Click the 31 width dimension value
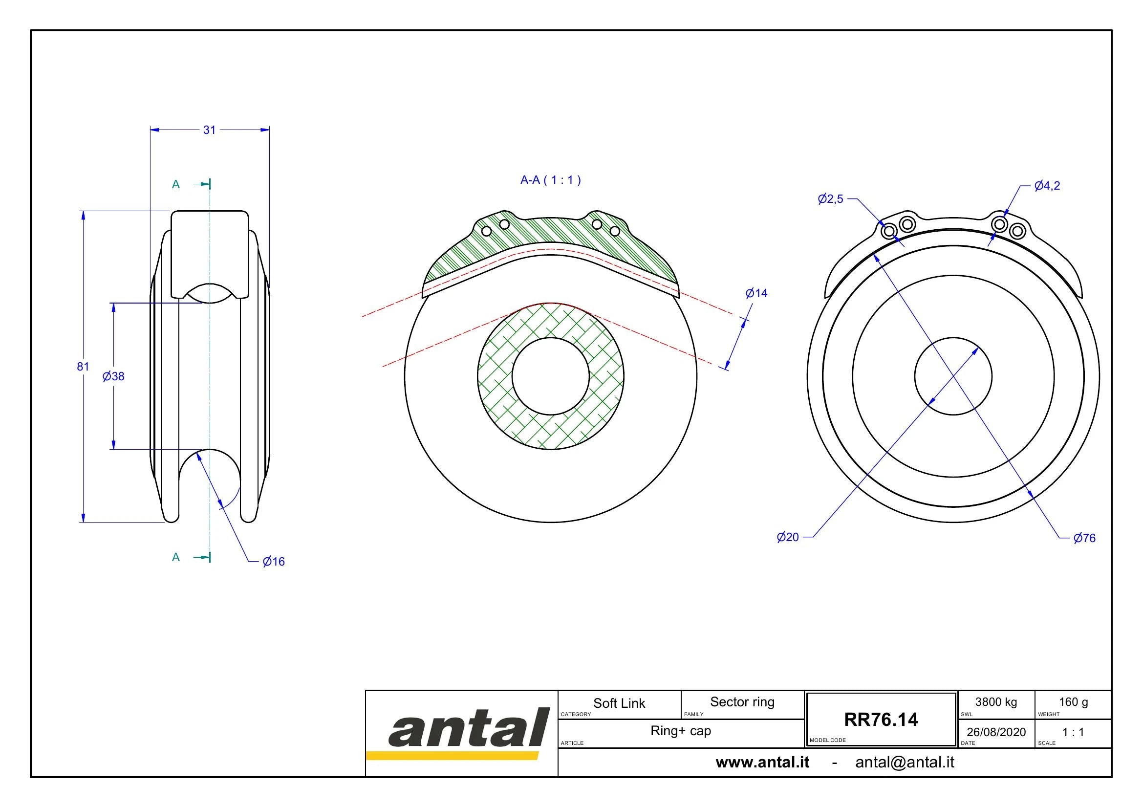coord(210,130)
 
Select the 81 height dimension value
coord(83,367)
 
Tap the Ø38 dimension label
coord(113,376)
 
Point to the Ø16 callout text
coord(274,562)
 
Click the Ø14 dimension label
coord(756,293)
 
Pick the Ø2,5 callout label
coord(831,199)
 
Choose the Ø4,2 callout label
coord(1047,186)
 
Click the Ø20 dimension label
coord(788,537)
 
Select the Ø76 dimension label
coord(1085,538)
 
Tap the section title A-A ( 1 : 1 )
coord(551,180)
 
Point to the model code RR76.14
coord(881,720)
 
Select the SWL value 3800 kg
coord(996,702)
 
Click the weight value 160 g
coord(1073,702)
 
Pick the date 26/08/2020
coord(996,732)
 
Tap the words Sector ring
coord(742,702)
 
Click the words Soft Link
coord(619,703)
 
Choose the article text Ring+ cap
coord(681,731)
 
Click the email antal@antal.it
coord(905,763)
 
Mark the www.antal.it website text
coord(763,763)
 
